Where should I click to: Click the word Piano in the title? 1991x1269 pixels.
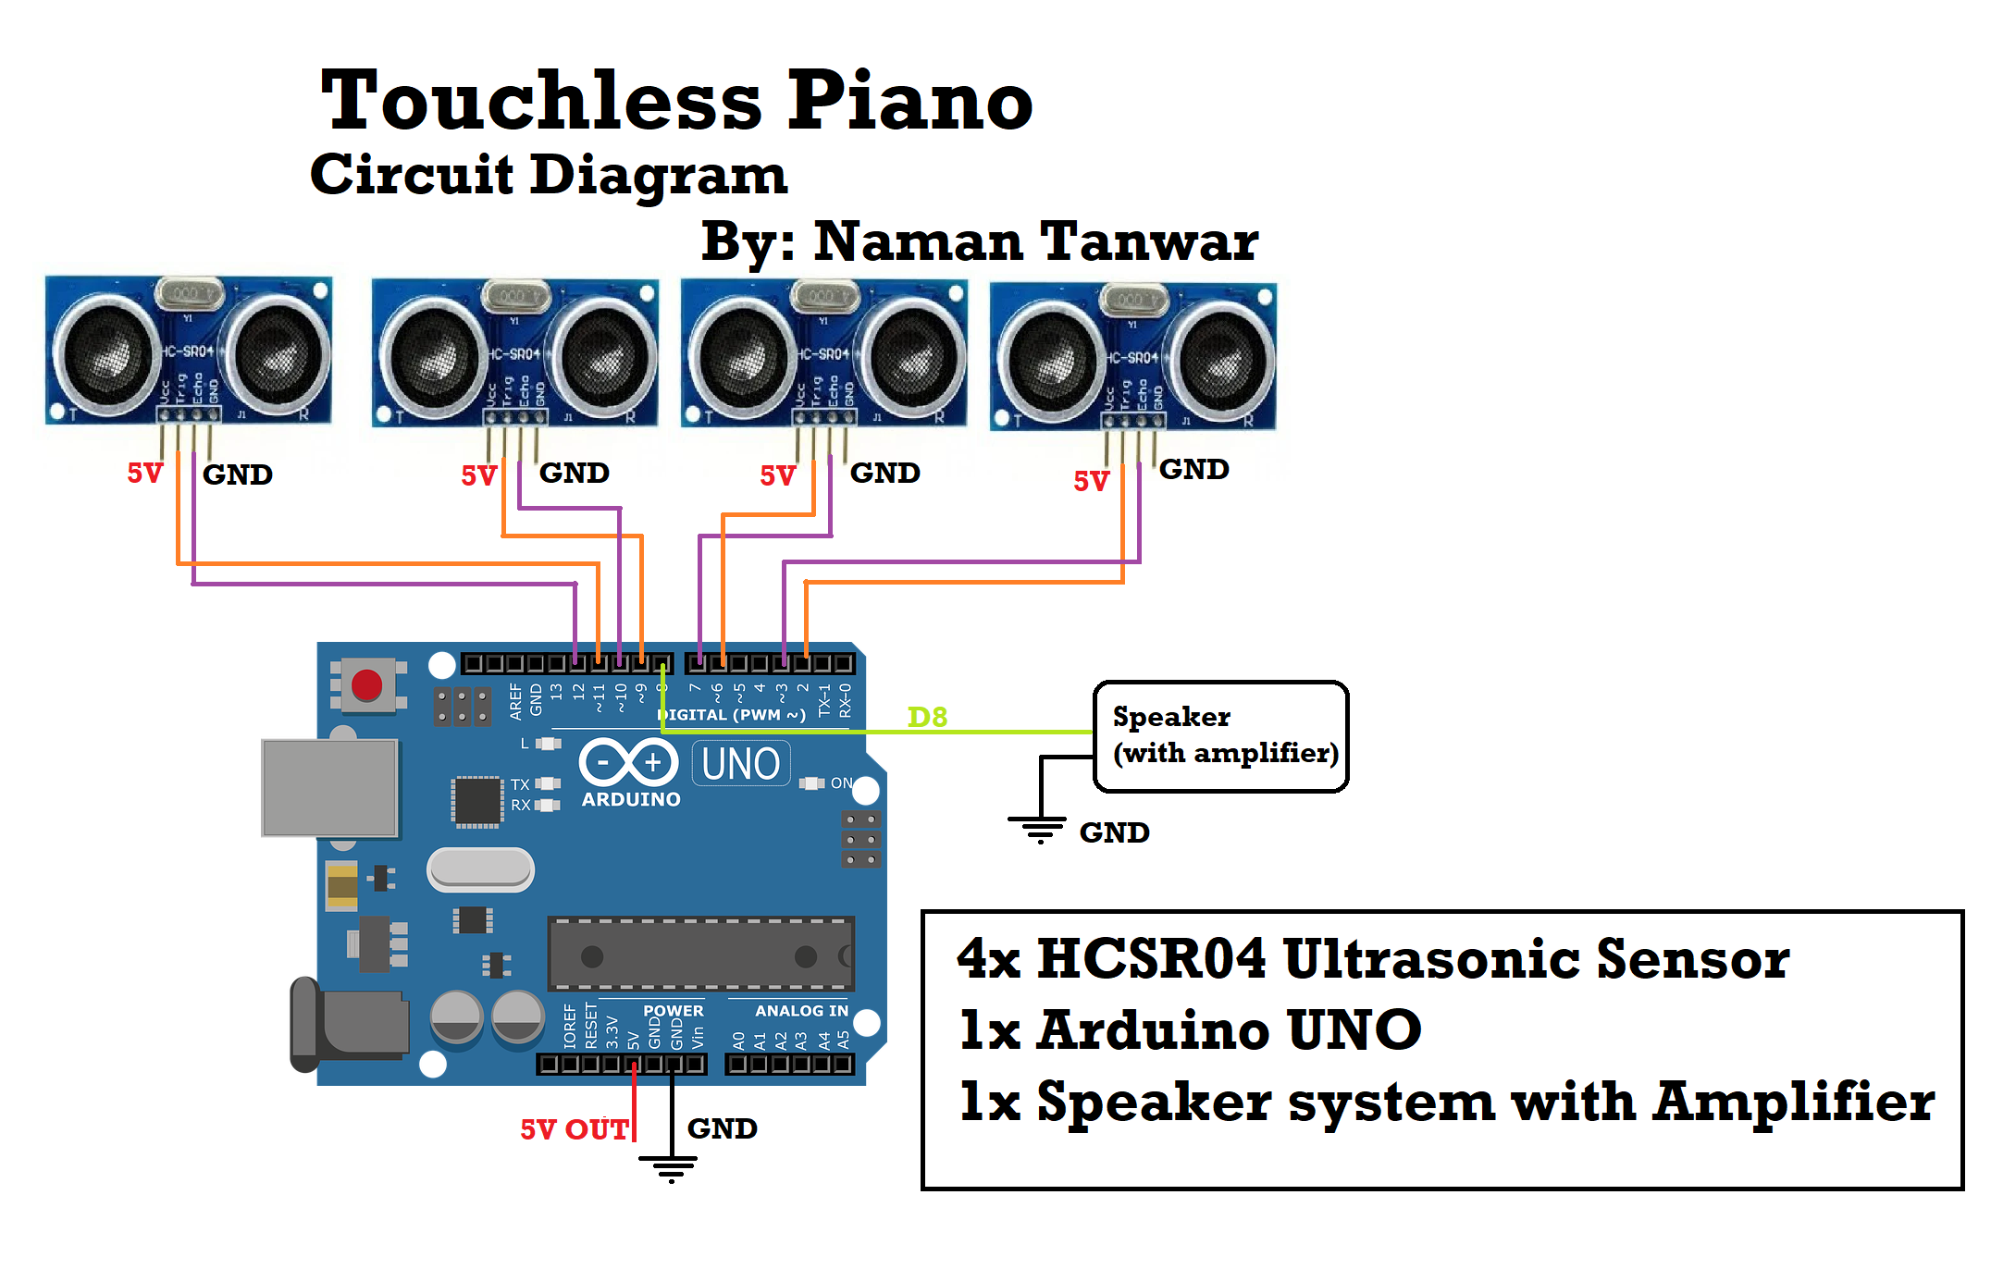[x=909, y=102]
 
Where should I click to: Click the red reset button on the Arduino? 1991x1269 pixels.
[x=366, y=685]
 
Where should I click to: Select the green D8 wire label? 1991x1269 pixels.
[x=927, y=717]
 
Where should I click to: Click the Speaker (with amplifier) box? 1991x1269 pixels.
[x=1220, y=736]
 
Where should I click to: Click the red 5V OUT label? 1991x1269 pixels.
[x=575, y=1129]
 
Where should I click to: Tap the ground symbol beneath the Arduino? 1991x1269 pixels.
[x=671, y=1169]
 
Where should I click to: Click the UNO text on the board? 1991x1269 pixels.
[x=740, y=765]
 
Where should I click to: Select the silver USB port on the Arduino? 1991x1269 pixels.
[x=330, y=788]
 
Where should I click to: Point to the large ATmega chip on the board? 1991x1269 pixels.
[x=700, y=955]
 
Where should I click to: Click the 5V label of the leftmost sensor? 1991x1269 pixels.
[x=144, y=474]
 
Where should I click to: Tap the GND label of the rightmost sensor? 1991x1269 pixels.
[x=1193, y=470]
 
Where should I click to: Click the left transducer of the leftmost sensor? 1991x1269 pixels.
[x=105, y=353]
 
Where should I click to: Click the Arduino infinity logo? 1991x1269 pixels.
[x=629, y=763]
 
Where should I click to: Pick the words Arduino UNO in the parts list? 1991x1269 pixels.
[x=1228, y=1030]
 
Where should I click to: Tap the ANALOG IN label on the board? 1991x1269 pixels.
[x=801, y=1011]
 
